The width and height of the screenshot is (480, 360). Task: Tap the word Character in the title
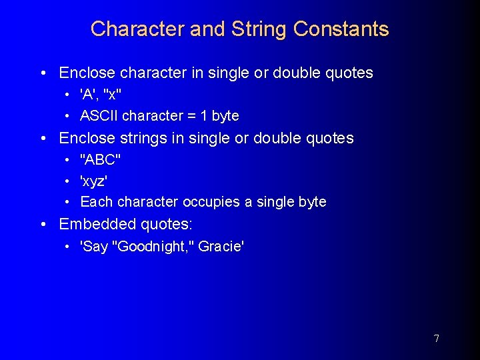pos(137,29)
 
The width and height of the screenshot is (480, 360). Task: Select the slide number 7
pos(436,339)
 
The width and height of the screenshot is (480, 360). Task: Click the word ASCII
pos(99,116)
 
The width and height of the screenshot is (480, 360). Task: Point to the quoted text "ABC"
pos(100,160)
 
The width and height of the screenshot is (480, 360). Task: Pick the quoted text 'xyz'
pos(94,181)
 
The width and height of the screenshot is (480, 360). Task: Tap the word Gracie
pos(221,247)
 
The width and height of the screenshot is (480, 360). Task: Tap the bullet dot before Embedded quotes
pos(43,225)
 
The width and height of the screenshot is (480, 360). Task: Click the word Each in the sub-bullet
pos(94,202)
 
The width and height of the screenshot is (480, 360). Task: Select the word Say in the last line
pos(95,247)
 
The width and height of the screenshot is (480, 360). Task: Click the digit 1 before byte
pos(203,116)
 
